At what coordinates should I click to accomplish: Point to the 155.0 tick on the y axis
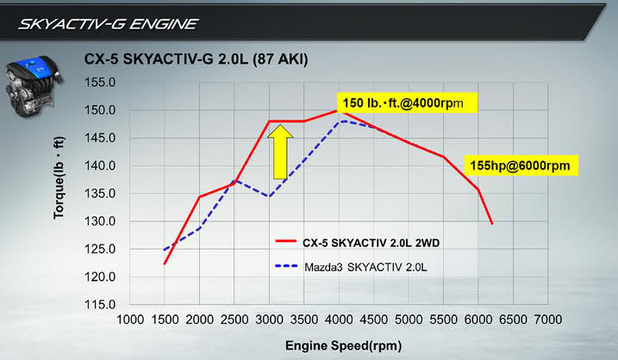coord(101,83)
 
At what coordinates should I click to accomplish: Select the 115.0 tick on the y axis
coord(101,305)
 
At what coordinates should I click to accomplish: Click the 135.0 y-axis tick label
coord(101,194)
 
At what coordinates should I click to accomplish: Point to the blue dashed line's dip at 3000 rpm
coord(269,196)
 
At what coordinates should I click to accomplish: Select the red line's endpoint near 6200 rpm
coord(492,224)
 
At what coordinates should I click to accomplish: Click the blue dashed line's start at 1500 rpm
coord(164,250)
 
